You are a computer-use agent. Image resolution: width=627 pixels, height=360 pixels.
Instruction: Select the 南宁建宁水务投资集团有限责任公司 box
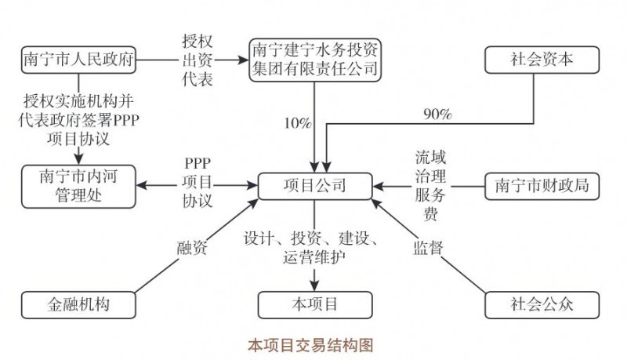pyautogui.click(x=314, y=60)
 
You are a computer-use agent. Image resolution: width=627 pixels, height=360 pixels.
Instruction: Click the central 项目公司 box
pyautogui.click(x=314, y=186)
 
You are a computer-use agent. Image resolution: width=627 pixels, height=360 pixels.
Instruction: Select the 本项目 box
pyautogui.click(x=314, y=303)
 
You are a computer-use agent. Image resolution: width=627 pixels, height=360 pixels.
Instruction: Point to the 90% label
pyautogui.click(x=437, y=115)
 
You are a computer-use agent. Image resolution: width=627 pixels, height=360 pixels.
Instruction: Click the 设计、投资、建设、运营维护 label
pyautogui.click(x=313, y=246)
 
